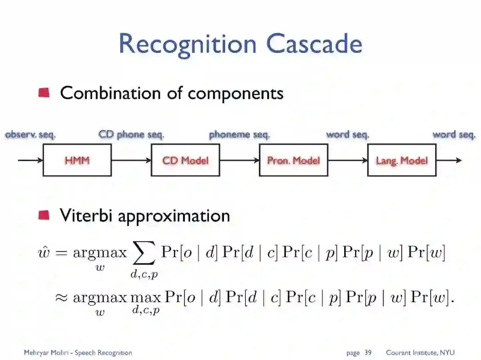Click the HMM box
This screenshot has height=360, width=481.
point(77,160)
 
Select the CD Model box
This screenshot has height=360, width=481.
point(185,160)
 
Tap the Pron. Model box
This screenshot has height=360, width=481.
point(293,160)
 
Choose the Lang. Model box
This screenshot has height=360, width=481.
point(402,160)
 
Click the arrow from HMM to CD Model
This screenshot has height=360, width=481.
point(131,160)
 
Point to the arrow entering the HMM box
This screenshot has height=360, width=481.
point(30,160)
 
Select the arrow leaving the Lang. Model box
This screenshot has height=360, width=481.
point(449,160)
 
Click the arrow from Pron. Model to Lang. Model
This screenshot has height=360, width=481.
point(348,160)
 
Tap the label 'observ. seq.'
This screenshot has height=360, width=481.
point(30,134)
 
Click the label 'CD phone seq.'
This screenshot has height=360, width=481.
point(131,134)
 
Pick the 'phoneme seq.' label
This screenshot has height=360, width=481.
point(239,134)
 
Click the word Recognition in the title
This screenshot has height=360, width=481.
point(188,44)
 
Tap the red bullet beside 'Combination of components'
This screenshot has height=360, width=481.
point(44,93)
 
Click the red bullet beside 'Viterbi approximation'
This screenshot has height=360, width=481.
point(44,216)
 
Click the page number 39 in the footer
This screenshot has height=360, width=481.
point(368,353)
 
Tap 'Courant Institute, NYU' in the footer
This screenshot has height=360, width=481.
point(420,353)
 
